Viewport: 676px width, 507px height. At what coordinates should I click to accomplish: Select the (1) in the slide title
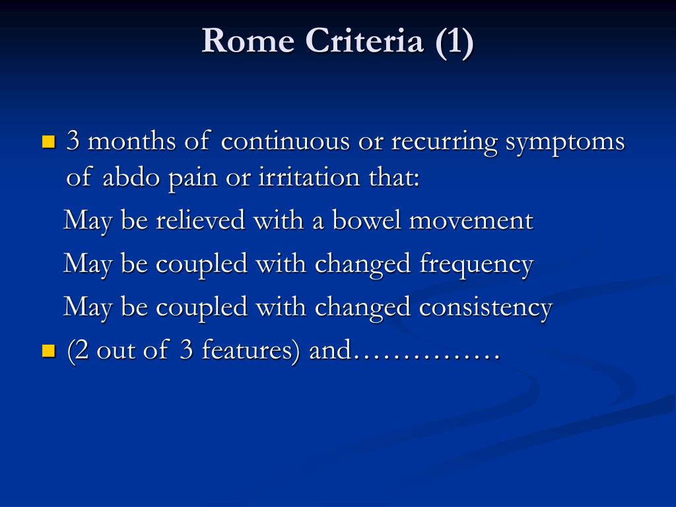tap(454, 42)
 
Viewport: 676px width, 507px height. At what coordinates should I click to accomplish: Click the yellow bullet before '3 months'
tap(49, 142)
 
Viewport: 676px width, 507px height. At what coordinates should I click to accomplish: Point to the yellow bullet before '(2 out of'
tap(49, 351)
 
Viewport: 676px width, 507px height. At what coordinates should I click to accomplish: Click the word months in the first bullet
tap(132, 141)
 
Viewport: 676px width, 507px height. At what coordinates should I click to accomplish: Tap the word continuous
tap(285, 141)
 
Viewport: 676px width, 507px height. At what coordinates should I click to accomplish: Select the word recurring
tap(444, 143)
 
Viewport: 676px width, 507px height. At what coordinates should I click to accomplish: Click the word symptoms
tap(565, 143)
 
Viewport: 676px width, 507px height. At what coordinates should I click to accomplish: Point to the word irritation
tap(309, 177)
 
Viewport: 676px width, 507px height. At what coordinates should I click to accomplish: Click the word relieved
tap(201, 220)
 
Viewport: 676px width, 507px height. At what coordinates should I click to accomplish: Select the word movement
tap(471, 220)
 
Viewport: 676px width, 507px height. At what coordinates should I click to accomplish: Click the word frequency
tap(477, 265)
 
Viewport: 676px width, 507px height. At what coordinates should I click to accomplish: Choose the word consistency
tap(486, 308)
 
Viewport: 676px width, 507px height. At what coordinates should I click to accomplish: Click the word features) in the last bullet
tap(250, 351)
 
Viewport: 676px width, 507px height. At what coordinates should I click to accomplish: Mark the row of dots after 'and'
tap(426, 358)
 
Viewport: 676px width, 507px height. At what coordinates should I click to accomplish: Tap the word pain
tap(193, 178)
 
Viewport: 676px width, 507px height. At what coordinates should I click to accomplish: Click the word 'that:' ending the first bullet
tap(394, 177)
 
